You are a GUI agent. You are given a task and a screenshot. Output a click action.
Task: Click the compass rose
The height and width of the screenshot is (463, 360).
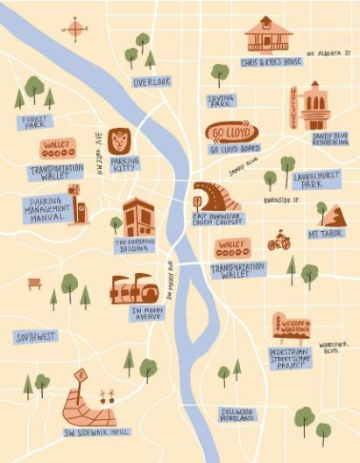coord(75,30)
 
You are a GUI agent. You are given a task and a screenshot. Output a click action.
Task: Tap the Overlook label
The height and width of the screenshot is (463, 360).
coord(151,81)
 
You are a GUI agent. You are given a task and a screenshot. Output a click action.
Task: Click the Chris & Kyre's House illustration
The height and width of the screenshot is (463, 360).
coord(268,35)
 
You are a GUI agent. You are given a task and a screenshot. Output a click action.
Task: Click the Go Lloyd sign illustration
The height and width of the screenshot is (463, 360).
coord(232,131)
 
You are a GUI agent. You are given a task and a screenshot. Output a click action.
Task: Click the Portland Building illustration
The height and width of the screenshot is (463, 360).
coord(138,218)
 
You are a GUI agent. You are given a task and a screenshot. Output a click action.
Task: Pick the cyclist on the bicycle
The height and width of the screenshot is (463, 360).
coord(279,240)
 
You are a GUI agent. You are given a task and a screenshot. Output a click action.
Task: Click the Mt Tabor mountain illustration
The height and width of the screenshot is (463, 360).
coord(332,214)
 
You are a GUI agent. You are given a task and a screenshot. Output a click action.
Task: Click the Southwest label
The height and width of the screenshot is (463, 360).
coord(36,336)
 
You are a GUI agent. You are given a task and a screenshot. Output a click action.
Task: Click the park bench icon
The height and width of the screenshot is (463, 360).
coord(34,283)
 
